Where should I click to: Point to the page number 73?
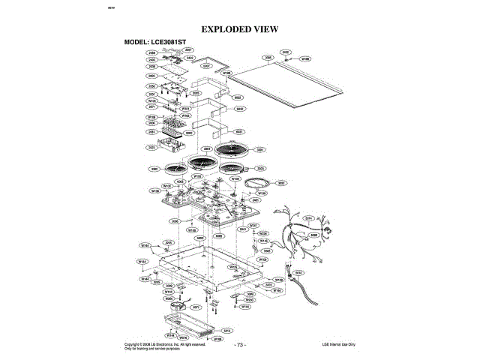240,345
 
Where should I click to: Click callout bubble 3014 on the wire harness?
307,217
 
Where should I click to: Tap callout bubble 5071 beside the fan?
196,307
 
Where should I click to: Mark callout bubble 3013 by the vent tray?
227,329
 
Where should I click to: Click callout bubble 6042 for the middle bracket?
240,109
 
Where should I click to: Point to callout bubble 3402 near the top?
190,58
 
